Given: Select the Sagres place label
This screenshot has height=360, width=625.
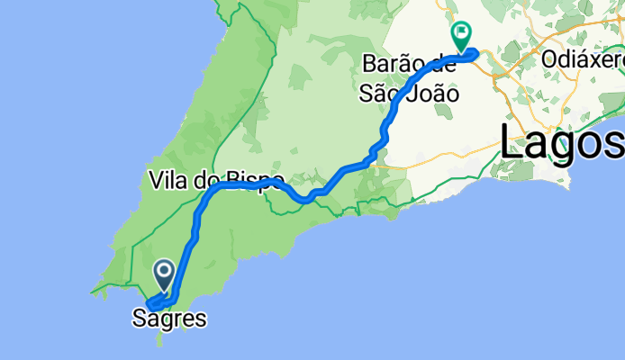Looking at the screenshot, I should pyautogui.click(x=168, y=318).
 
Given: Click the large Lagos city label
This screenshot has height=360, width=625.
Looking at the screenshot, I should pyautogui.click(x=560, y=142).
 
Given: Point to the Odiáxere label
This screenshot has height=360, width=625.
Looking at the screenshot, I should pyautogui.click(x=584, y=60).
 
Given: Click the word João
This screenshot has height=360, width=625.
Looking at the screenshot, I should pyautogui.click(x=430, y=92).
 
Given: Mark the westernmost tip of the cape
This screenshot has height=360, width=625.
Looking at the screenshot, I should pyautogui.click(x=92, y=292).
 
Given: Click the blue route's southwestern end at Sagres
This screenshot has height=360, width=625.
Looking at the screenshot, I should pyautogui.click(x=149, y=306).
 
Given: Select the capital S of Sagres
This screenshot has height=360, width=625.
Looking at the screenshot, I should pyautogui.click(x=139, y=318).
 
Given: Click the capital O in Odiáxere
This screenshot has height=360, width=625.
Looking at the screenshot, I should pyautogui.click(x=550, y=60).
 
